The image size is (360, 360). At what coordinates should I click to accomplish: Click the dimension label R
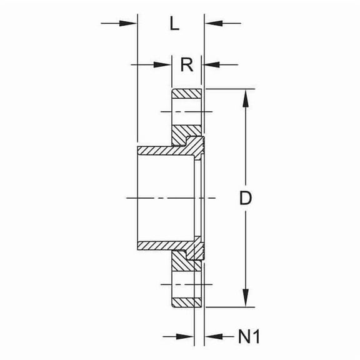(186, 64)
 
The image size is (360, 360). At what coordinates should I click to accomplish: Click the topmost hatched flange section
(187, 94)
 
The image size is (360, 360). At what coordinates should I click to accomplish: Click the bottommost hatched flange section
(187, 302)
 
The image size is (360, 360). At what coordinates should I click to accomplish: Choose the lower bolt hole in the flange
(187, 284)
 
